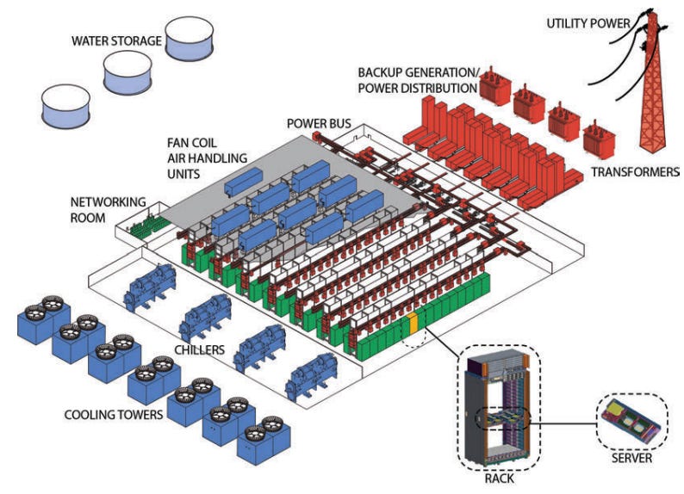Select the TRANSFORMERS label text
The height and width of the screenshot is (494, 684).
tap(635, 171)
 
